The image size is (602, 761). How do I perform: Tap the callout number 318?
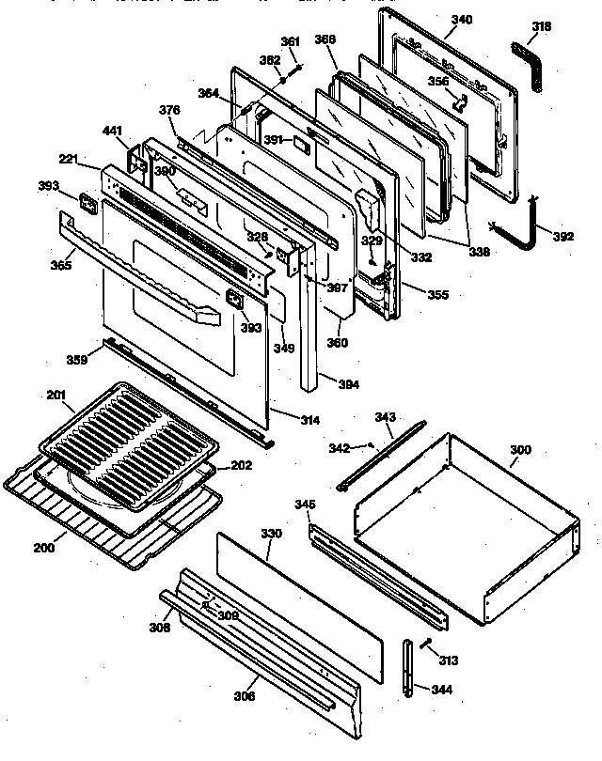(x=541, y=28)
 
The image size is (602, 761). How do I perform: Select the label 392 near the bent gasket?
(x=562, y=236)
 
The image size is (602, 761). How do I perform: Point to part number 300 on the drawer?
(x=520, y=451)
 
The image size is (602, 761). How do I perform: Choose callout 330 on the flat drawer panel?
(x=272, y=534)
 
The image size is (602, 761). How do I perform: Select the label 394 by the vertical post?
(x=347, y=383)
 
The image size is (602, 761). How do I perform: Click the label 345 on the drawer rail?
(x=304, y=505)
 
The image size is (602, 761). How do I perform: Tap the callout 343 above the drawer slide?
(x=385, y=417)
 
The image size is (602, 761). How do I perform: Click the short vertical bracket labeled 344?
(x=408, y=669)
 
